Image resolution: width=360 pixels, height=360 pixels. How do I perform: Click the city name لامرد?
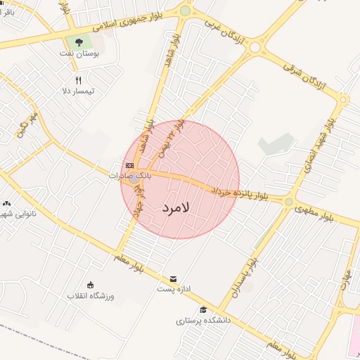[x=176, y=209]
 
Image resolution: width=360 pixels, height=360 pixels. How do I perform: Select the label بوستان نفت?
[x=87, y=53]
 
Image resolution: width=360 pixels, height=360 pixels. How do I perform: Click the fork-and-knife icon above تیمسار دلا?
[x=78, y=80]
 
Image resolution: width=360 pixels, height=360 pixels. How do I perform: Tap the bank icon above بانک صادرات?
[x=129, y=166]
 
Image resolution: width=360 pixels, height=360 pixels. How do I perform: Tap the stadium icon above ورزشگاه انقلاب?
[x=90, y=285]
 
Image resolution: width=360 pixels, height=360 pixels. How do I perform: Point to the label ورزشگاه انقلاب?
[x=90, y=296]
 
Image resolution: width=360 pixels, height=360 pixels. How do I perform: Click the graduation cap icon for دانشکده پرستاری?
[x=203, y=310]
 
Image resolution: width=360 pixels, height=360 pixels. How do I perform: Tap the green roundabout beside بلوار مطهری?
[x=288, y=202]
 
